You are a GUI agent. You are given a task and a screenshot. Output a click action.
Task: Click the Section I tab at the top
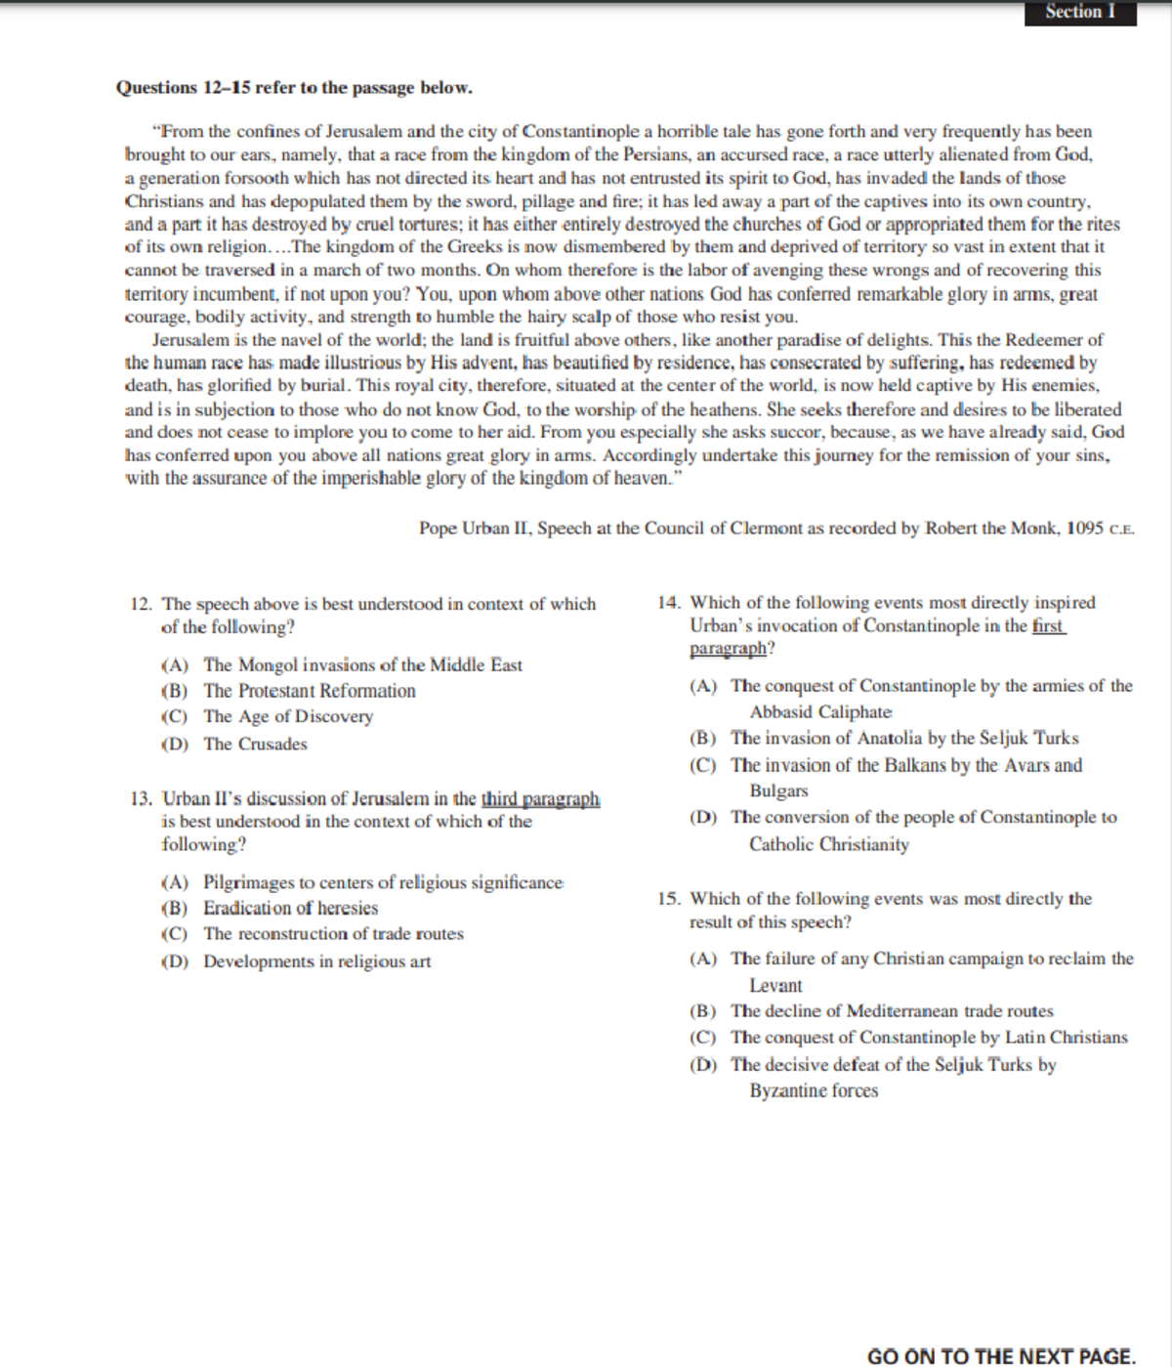tap(1080, 13)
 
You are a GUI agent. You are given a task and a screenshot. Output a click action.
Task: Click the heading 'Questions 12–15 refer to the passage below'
tap(294, 88)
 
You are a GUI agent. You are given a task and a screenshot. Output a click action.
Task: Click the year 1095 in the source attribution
tap(1084, 529)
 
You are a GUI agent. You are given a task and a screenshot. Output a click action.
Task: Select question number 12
tap(140, 605)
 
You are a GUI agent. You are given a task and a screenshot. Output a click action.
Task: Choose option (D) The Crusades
tap(255, 745)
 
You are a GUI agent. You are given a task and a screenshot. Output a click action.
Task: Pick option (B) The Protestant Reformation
tap(309, 692)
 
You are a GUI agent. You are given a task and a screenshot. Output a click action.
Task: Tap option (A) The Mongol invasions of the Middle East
tap(362, 665)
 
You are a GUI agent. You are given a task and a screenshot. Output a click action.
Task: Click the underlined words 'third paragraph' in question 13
tap(540, 799)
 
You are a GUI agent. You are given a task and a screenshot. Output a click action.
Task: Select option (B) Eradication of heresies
tap(290, 909)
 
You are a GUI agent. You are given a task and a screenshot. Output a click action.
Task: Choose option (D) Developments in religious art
tap(316, 961)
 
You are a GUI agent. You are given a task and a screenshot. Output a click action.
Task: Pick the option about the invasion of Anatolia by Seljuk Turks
tap(904, 739)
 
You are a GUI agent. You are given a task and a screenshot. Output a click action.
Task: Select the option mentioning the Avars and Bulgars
tap(905, 766)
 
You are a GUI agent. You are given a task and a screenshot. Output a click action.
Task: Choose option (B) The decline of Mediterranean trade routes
tap(891, 1011)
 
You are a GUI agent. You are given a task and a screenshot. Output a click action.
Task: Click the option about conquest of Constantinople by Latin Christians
tap(928, 1038)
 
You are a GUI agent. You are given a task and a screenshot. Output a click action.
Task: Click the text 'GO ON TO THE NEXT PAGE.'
tap(1001, 1356)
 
